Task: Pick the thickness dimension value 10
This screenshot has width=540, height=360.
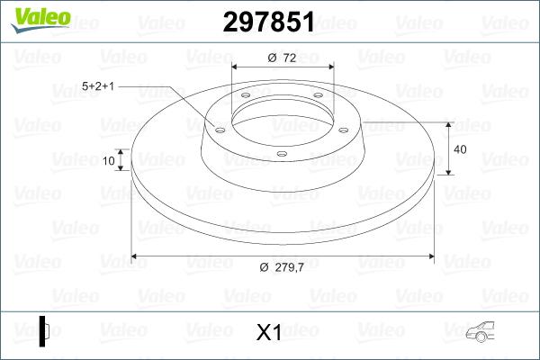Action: [x=109, y=162]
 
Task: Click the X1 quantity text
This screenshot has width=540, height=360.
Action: [x=269, y=332]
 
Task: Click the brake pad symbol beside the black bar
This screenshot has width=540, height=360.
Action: [x=50, y=330]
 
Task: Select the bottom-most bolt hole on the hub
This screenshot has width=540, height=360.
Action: [x=281, y=154]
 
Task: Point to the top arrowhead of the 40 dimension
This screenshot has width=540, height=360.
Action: [x=449, y=122]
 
